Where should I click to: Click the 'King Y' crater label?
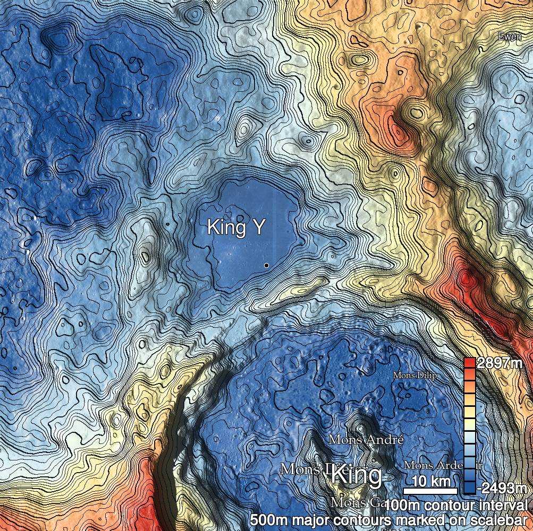(x=235, y=228)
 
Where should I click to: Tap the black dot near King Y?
(x=266, y=265)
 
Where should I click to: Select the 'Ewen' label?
(x=510, y=37)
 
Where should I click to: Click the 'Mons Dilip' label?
(x=415, y=376)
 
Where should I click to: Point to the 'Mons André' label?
(x=366, y=440)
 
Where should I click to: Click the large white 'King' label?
(x=356, y=475)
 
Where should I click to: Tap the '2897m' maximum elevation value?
(x=500, y=364)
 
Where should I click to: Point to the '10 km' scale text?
(x=431, y=482)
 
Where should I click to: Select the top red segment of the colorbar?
(x=469, y=363)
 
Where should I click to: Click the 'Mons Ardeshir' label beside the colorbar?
(x=443, y=465)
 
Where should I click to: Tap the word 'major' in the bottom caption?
(x=308, y=519)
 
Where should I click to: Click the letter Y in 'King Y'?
(x=258, y=228)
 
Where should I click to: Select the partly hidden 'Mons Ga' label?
(x=349, y=502)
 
